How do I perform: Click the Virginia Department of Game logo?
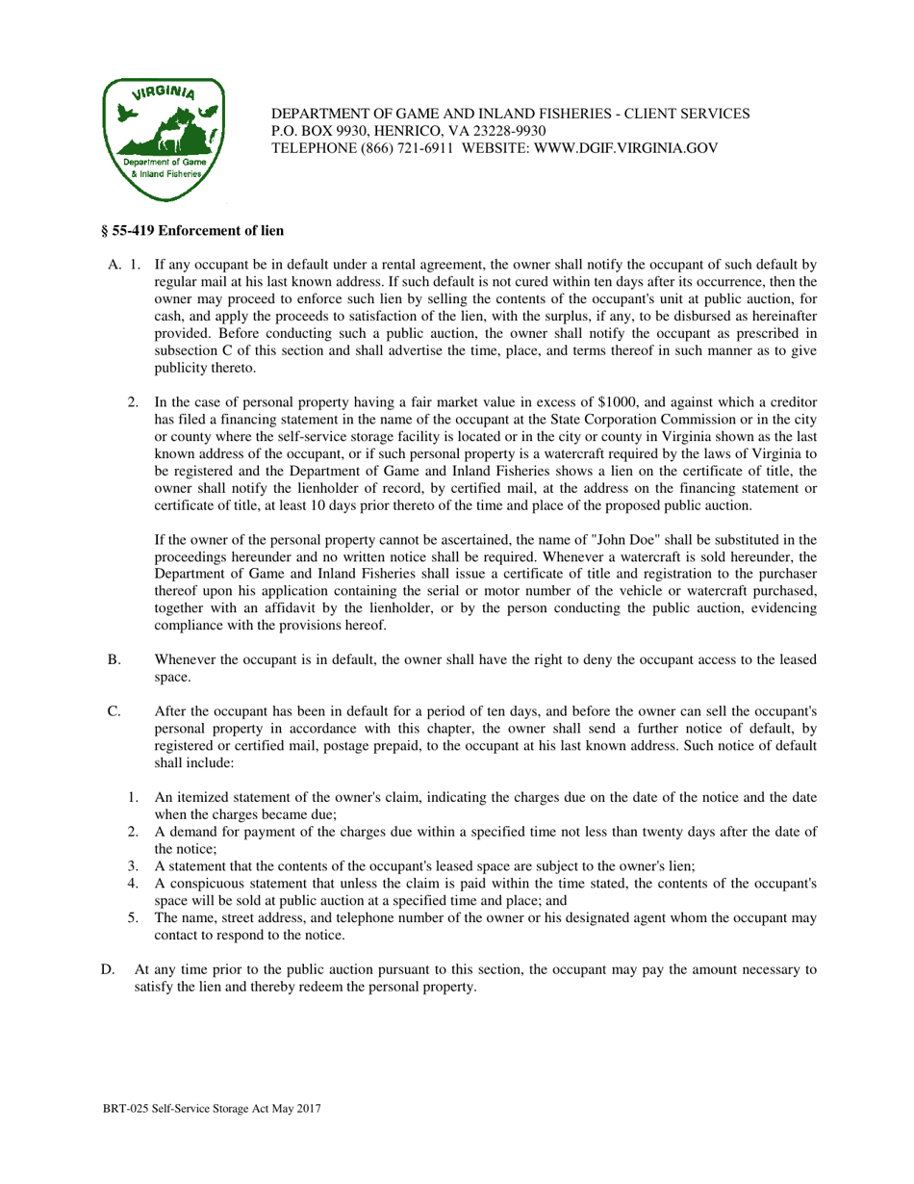(x=163, y=139)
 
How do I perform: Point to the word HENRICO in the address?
(x=397, y=131)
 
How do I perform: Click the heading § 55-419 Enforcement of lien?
(x=192, y=231)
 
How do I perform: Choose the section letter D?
(x=108, y=970)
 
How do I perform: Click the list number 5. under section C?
(x=135, y=917)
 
